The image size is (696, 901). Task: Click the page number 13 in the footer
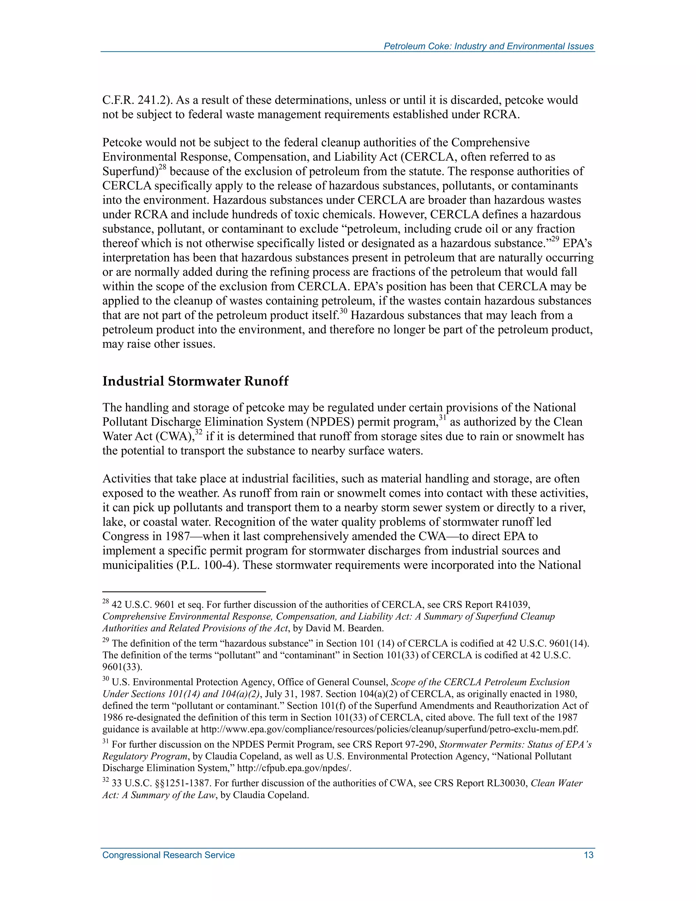pos(588,855)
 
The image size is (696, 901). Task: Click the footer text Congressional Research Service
pos(168,855)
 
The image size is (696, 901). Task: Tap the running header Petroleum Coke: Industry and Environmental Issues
pos(489,46)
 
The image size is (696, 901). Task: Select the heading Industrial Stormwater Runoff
pos(195,381)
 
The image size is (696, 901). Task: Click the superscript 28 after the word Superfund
pos(162,167)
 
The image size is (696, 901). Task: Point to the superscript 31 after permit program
pos(442,418)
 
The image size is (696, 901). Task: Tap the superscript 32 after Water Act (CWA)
pos(199,432)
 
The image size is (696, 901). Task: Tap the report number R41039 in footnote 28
pos(511,605)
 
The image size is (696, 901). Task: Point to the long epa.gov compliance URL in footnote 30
pos(389,729)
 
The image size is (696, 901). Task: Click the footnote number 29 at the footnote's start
pos(106,641)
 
